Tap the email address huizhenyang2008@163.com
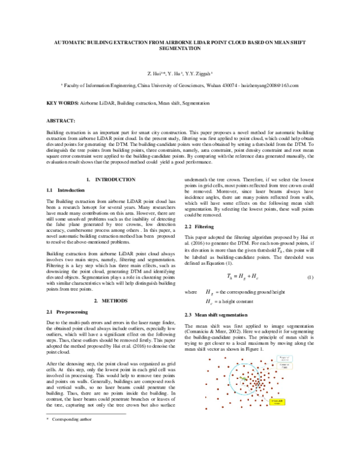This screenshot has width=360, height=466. coord(268,85)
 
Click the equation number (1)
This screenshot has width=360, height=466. coord(310,277)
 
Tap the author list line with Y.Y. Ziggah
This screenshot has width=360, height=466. coord(179,73)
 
